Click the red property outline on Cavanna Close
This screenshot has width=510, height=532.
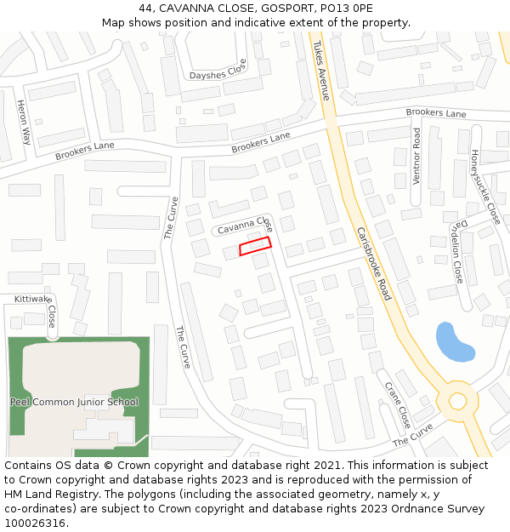[255, 246]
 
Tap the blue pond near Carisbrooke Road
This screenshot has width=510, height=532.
[453, 341]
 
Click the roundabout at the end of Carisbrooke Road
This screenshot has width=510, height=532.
[458, 400]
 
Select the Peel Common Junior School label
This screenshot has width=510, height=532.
[74, 402]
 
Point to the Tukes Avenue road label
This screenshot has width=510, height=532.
[320, 71]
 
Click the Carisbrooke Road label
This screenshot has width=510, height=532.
[374, 263]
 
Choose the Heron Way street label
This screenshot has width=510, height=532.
[23, 122]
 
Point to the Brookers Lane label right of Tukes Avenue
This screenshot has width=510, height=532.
[436, 113]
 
